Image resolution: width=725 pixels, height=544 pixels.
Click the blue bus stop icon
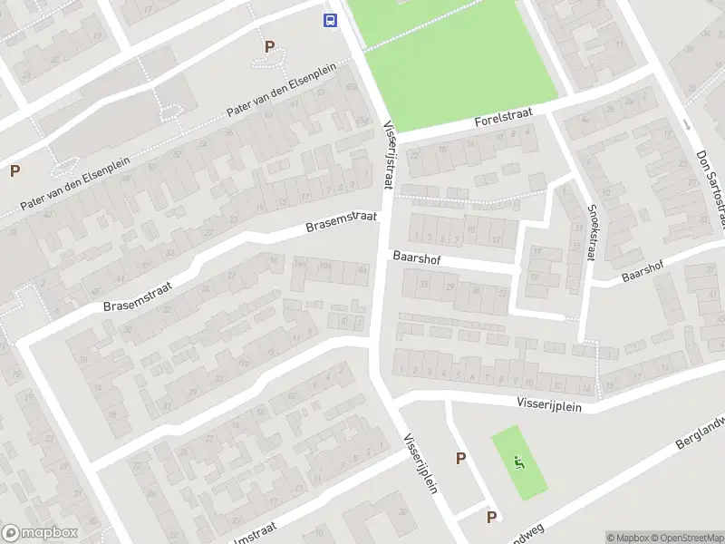pyautogui.click(x=331, y=19)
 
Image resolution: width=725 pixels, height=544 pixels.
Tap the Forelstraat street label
pyautogui.click(x=503, y=120)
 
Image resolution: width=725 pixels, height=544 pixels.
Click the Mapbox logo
pyautogui.click(x=40, y=533)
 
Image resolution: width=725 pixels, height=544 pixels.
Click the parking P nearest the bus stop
pyautogui.click(x=269, y=46)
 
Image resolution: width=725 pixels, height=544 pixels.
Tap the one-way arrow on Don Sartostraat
pyautogui.click(x=686, y=124)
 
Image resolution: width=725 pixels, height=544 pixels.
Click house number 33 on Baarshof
pyautogui.click(x=423, y=285)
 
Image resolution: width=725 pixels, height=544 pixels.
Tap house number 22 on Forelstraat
pyautogui.click(x=415, y=157)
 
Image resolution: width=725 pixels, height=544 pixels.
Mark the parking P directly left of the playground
pyautogui.click(x=461, y=459)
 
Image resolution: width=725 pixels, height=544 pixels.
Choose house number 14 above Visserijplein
pyautogui.click(x=586, y=389)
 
